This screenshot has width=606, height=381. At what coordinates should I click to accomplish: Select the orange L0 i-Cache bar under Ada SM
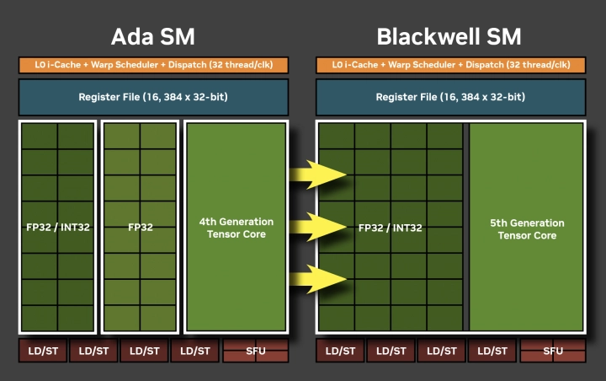153,65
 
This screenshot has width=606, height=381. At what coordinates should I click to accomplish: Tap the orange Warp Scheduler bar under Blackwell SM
450,65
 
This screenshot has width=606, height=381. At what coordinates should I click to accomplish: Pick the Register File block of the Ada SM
153,97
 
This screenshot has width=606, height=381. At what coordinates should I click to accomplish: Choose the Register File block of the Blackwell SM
450,97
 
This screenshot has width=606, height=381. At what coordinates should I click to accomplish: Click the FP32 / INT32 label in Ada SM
58,227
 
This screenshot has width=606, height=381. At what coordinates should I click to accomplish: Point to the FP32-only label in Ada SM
140,227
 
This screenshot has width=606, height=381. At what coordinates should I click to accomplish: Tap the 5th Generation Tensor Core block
527,228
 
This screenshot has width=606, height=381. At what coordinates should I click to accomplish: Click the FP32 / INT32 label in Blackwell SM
391,227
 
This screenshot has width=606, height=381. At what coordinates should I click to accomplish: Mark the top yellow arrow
318,174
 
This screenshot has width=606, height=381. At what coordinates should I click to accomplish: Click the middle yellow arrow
318,226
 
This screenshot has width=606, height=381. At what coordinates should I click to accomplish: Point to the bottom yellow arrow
318,277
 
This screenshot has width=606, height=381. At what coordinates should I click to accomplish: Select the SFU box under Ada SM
256,351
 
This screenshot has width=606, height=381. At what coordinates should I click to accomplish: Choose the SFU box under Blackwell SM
553,351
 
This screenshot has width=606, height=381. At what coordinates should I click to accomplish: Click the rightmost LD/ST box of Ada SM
194,351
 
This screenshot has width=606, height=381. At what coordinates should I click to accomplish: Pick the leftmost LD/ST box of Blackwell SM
340,351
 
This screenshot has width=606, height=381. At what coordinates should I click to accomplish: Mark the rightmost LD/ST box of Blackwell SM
492,351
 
